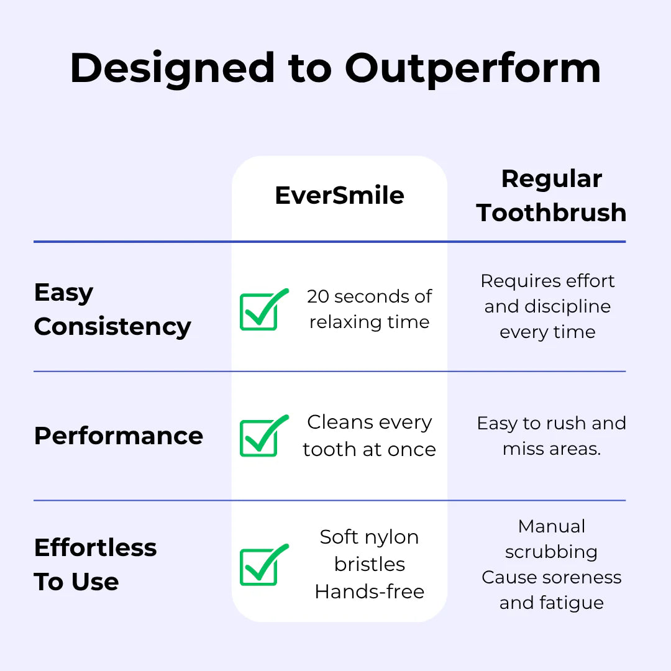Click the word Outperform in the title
pyautogui.click(x=473, y=69)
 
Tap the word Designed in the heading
pyautogui.click(x=172, y=69)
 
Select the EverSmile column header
pyautogui.click(x=339, y=196)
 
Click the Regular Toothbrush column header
pyautogui.click(x=551, y=196)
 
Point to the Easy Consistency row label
pyautogui.click(x=112, y=310)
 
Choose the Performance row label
pyautogui.click(x=119, y=436)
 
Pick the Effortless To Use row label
pyautogui.click(x=96, y=564)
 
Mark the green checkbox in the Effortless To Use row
pyautogui.click(x=262, y=565)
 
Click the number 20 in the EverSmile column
pyautogui.click(x=317, y=296)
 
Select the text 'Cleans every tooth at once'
pyautogui.click(x=369, y=436)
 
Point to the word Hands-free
pyautogui.click(x=369, y=592)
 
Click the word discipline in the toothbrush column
pyautogui.click(x=567, y=307)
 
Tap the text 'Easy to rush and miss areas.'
pyautogui.click(x=552, y=436)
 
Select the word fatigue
pyautogui.click(x=572, y=603)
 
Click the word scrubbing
pyautogui.click(x=551, y=552)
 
